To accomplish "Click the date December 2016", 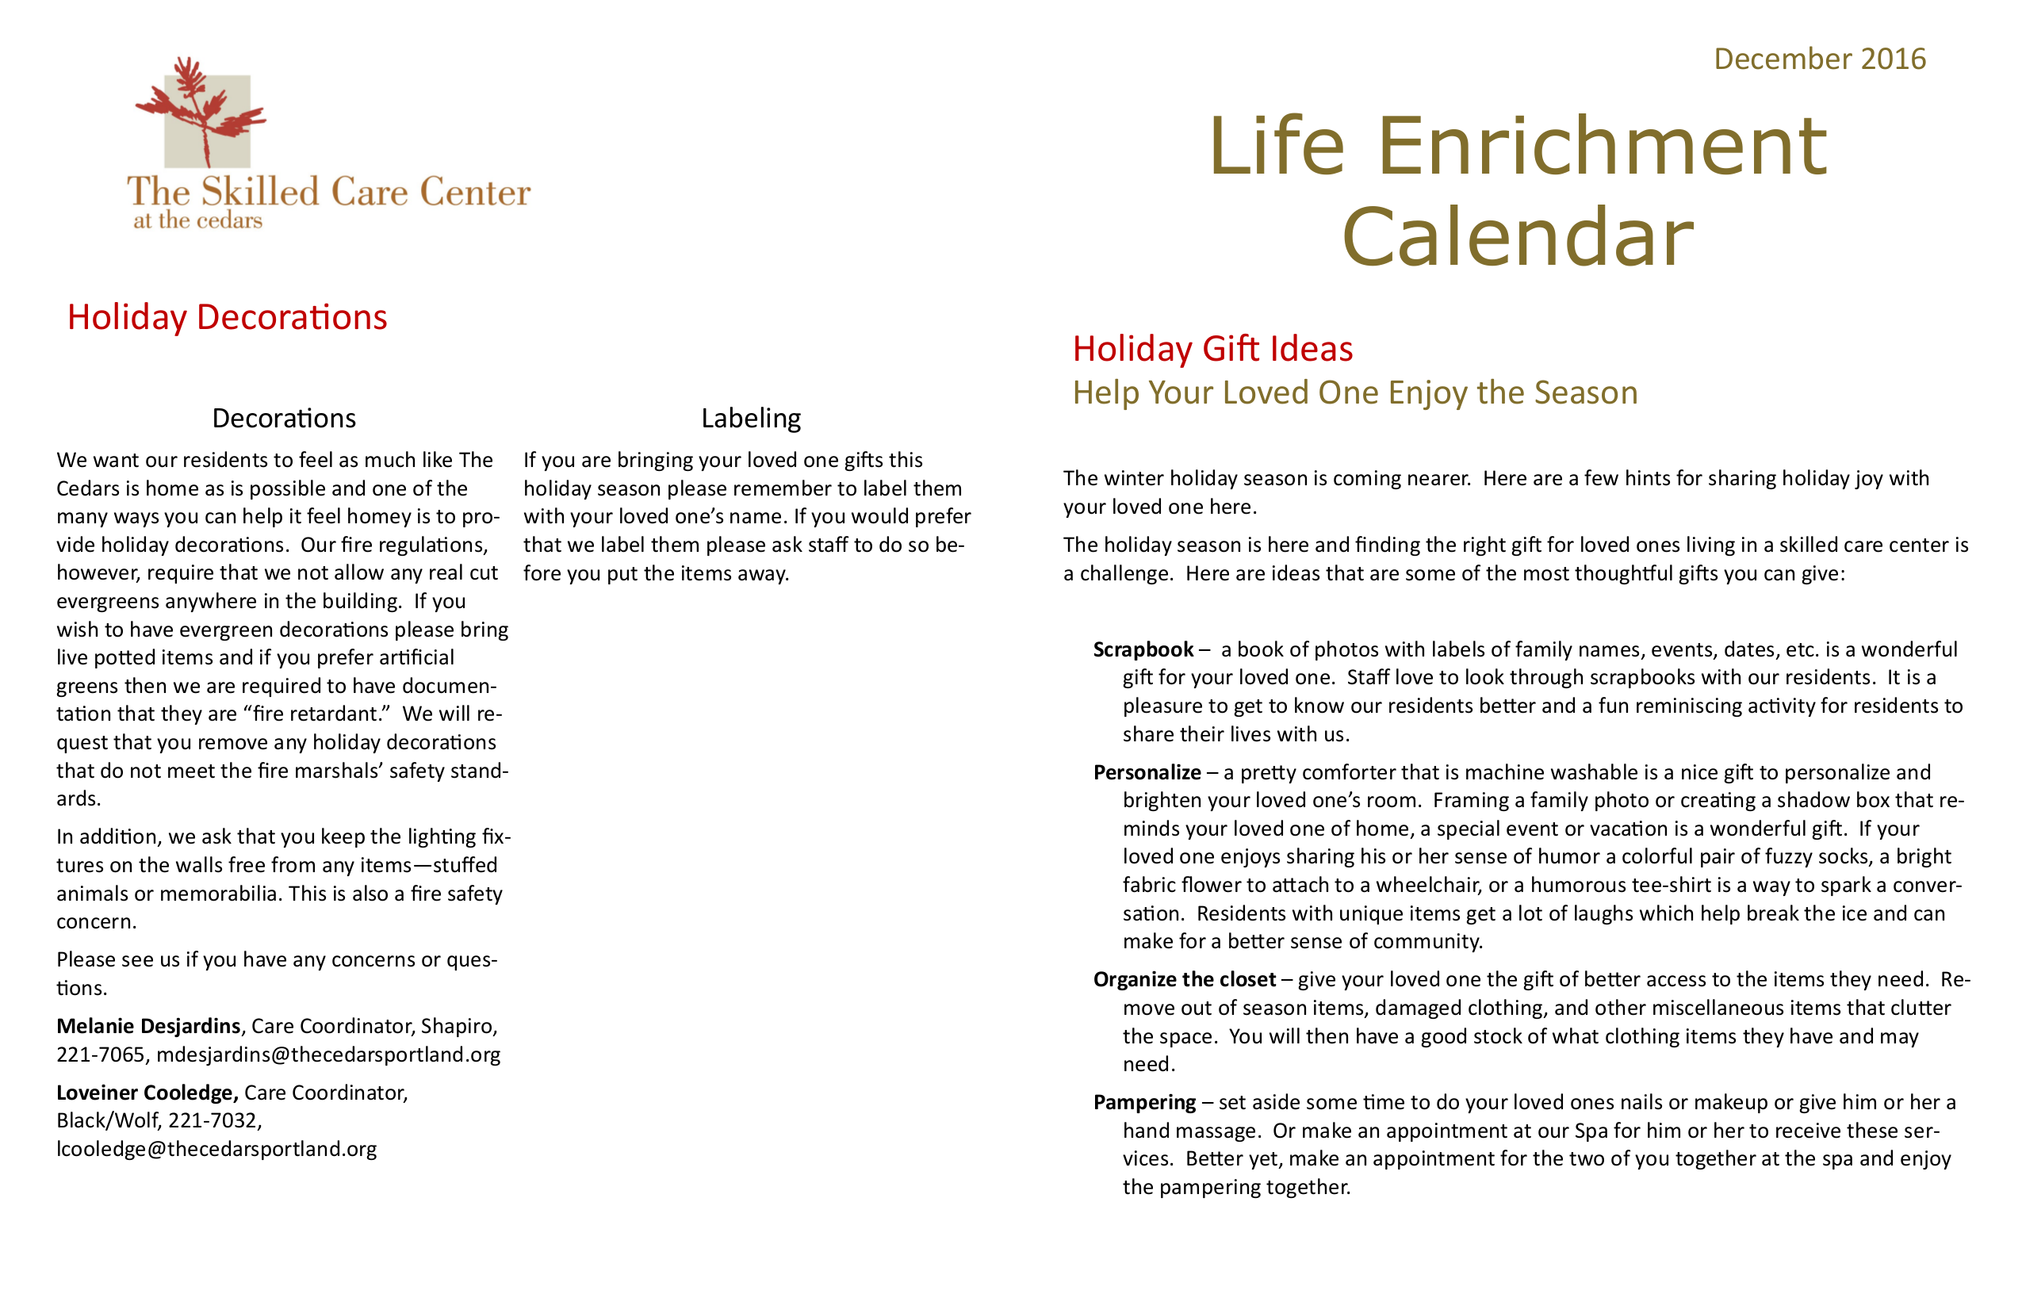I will [1819, 59].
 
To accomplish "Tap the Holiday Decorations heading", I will [227, 317].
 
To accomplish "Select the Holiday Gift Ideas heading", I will [1212, 348].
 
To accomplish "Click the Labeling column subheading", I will [750, 418].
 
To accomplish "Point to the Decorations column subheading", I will [284, 418].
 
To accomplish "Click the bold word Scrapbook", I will [1143, 649].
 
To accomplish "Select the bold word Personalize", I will [1146, 772].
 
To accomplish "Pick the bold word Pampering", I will [1143, 1102].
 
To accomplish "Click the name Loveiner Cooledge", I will [147, 1093].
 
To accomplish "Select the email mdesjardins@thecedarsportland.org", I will [328, 1054].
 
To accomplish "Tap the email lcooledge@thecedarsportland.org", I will [216, 1149].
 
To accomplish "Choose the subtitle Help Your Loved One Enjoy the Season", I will [1354, 392].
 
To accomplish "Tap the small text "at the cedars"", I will [197, 221].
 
